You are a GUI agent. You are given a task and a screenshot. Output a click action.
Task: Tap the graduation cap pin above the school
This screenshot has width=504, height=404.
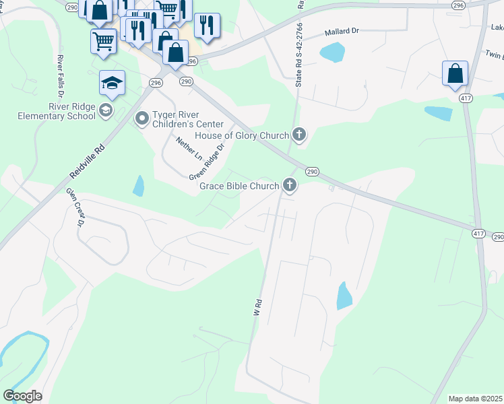tap(112, 84)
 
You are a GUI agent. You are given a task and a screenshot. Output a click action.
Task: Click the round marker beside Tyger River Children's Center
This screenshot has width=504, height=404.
tap(142, 119)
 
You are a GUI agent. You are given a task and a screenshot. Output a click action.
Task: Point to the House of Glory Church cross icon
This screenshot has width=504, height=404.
tap(299, 135)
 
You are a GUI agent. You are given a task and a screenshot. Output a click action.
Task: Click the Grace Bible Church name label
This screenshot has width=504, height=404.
tap(239, 185)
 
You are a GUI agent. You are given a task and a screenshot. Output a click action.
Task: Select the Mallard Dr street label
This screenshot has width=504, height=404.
tap(345, 32)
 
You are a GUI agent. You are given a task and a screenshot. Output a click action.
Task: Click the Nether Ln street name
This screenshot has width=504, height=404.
tap(189, 148)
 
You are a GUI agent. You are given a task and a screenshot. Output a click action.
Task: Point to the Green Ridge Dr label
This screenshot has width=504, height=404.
tap(206, 162)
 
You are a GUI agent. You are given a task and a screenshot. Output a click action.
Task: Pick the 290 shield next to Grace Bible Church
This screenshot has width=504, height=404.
tap(312, 172)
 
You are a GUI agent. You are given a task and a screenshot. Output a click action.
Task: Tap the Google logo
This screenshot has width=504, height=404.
tap(22, 396)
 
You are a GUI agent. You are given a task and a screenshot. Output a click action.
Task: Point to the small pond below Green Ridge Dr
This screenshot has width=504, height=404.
tap(139, 185)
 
